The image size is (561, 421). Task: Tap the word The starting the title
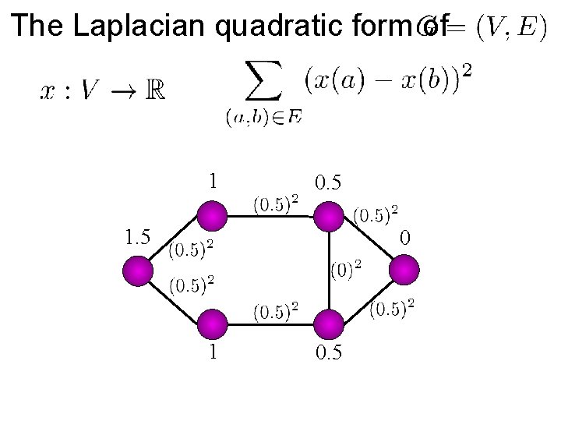pos(38,27)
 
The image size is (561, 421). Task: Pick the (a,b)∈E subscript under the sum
pos(264,118)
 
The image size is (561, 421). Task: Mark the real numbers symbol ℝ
pos(153,91)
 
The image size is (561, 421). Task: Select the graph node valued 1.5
pos(140,271)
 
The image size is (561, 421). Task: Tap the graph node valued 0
pos(404,271)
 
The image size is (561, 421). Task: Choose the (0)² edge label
pos(346,271)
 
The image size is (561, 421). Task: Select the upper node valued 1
pos(212,217)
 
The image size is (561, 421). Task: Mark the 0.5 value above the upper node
pos(327,182)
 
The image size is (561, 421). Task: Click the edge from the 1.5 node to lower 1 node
pos(176,298)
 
